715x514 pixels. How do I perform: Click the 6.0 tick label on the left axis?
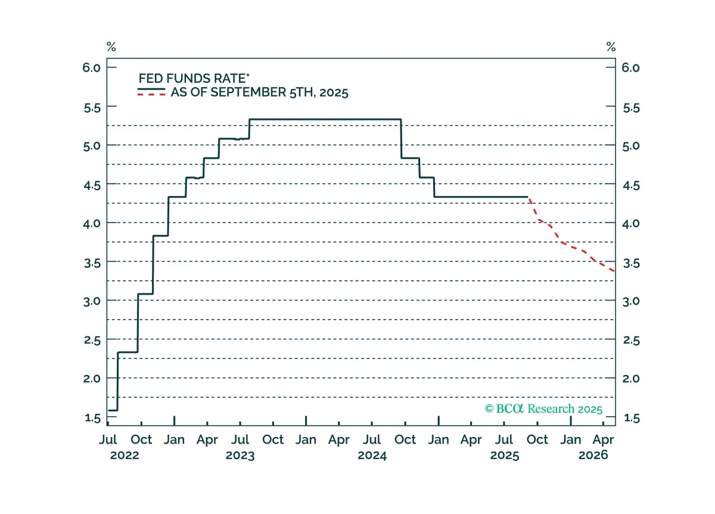coord(91,68)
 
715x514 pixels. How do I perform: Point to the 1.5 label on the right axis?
coord(632,418)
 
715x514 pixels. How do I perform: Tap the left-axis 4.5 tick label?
coord(92,185)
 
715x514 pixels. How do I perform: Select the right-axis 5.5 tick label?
coord(632,108)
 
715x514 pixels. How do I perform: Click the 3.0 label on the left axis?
coord(92,301)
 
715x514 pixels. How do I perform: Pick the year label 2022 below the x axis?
coord(125,455)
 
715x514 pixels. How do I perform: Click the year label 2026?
coord(593,455)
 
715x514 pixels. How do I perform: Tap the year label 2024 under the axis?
coord(372,455)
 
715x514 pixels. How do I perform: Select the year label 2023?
coord(240,455)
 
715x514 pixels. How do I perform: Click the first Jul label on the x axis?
coord(108,439)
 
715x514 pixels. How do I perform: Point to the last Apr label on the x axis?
coord(603,440)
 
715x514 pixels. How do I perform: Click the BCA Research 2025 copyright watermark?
coord(543,408)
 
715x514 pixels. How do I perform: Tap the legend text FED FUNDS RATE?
coord(194,78)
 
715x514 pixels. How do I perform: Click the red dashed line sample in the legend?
coord(151,94)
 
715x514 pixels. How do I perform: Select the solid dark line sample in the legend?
coord(151,89)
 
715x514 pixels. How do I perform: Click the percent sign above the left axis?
coord(111,47)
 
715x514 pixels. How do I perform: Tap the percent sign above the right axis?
coord(611,47)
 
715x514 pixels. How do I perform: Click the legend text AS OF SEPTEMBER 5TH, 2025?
coord(260,92)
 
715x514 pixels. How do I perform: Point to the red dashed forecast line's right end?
coord(614,271)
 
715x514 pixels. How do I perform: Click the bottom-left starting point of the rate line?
coord(109,410)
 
